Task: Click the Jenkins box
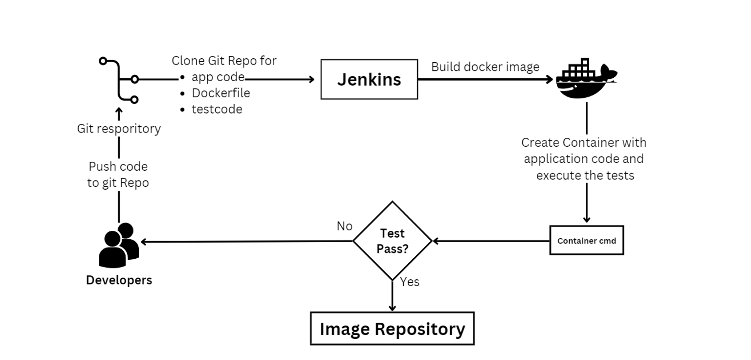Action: [369, 79]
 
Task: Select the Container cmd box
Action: [586, 240]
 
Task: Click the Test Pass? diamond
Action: [392, 241]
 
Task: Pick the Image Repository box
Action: [392, 329]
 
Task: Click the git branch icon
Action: [119, 80]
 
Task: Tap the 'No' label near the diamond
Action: [344, 226]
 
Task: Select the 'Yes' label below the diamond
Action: [410, 282]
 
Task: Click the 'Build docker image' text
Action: [485, 67]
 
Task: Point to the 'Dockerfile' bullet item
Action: [221, 93]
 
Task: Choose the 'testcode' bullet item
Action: [217, 109]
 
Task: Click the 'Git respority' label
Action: [119, 129]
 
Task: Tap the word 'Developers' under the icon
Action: [119, 280]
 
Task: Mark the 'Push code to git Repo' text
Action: [118, 175]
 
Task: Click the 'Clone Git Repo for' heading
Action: [224, 61]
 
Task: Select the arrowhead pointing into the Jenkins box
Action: [311, 79]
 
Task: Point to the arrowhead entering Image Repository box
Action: [392, 307]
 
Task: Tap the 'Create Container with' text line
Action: [584, 142]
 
